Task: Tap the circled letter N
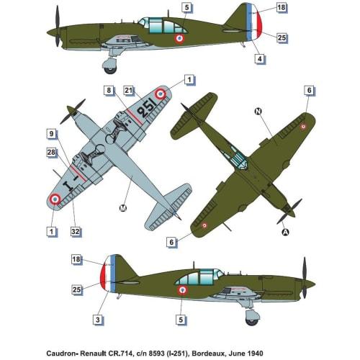pos(258,112)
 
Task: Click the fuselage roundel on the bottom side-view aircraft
pos(181,291)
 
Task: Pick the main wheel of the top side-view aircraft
pos(110,66)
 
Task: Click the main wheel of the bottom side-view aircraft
pos(252,315)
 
